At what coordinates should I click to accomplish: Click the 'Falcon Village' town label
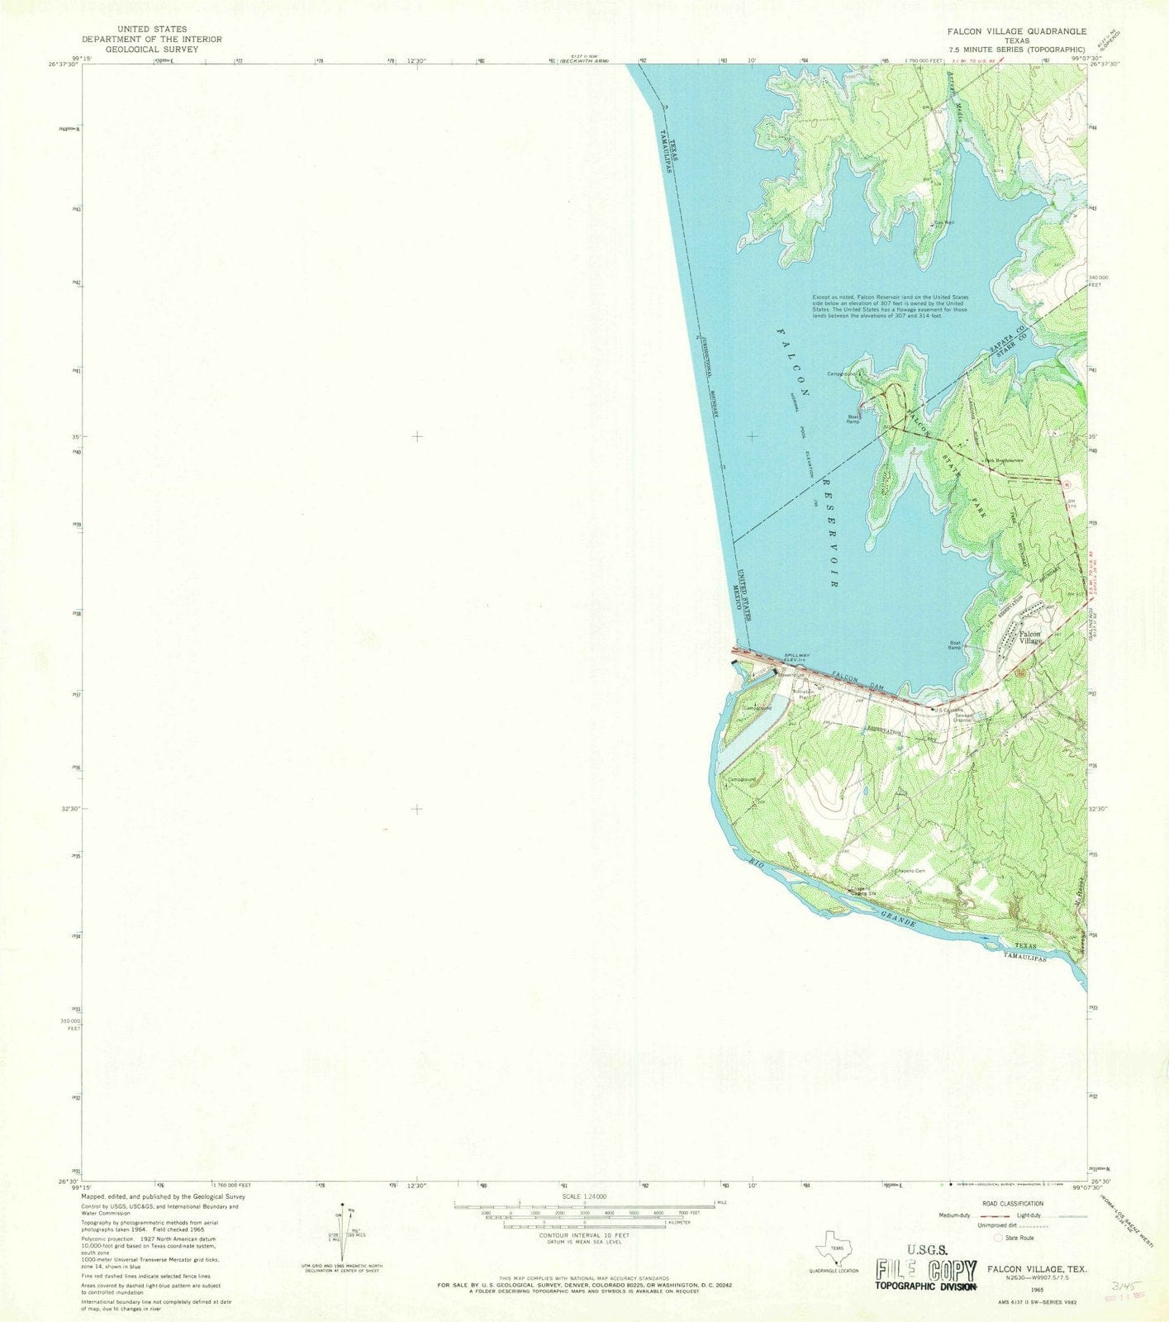[1029, 637]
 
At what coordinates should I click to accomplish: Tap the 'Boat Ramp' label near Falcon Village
[955, 647]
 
